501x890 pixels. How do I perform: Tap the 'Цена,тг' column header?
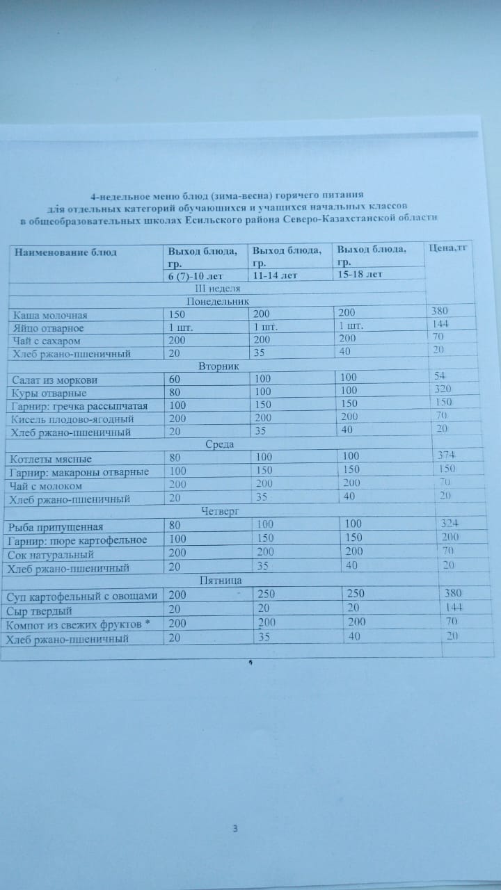(x=448, y=247)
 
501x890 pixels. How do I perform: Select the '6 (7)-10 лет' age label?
(x=195, y=275)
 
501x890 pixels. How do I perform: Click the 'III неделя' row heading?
(x=217, y=288)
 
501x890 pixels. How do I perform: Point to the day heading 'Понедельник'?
(x=218, y=301)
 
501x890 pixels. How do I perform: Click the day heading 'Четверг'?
(x=221, y=511)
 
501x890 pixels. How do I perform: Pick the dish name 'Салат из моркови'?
(x=55, y=380)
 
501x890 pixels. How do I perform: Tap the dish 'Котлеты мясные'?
(x=51, y=459)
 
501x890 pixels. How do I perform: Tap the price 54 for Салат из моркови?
(x=440, y=376)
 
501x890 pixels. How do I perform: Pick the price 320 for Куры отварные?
(x=443, y=389)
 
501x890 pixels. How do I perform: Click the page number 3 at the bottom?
(x=235, y=828)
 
